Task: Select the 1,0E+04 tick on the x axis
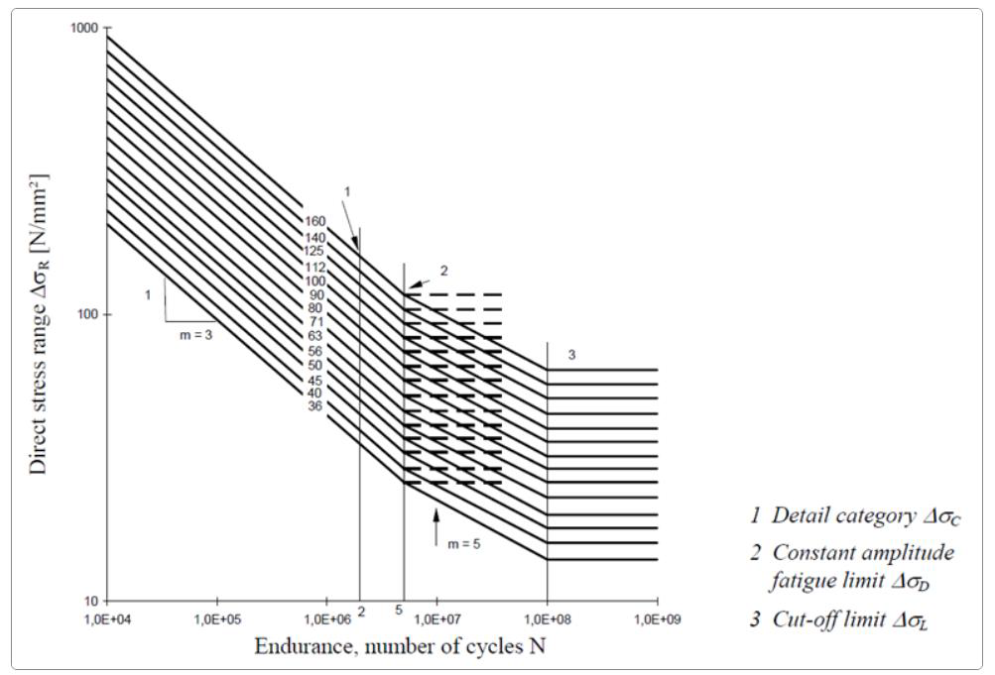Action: click(107, 619)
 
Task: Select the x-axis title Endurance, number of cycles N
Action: click(400, 646)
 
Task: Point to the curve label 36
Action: click(314, 405)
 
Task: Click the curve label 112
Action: click(314, 267)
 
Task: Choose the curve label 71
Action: click(314, 322)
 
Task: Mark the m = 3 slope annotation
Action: click(193, 335)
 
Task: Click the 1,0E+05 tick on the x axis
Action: click(217, 619)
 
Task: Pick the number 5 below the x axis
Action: click(398, 611)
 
